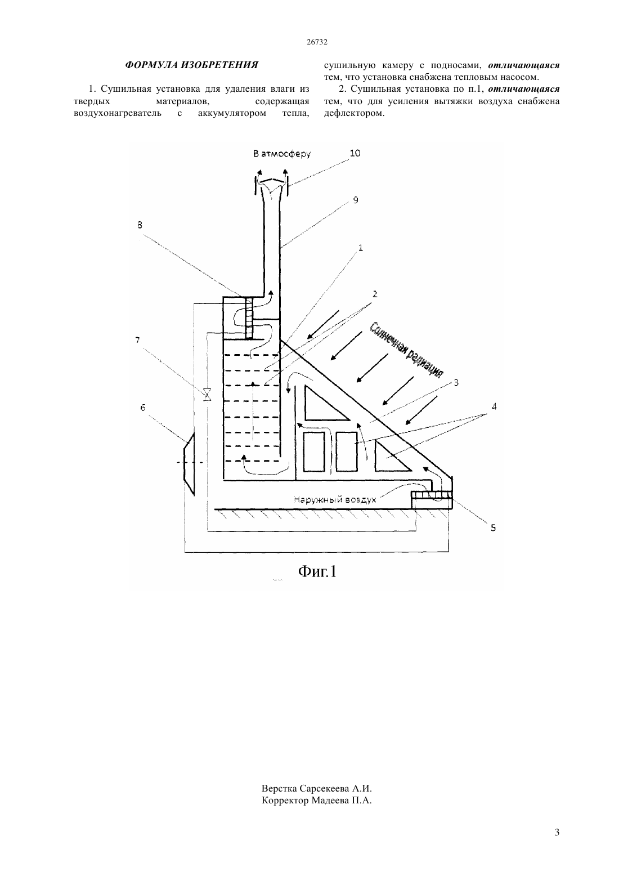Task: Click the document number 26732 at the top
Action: (x=317, y=42)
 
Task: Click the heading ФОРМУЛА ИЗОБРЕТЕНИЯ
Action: (x=191, y=65)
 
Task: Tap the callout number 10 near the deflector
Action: (x=355, y=153)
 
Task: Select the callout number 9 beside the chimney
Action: (x=356, y=200)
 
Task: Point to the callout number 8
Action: (x=140, y=225)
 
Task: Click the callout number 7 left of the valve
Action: (x=137, y=340)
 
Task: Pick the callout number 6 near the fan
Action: (x=142, y=408)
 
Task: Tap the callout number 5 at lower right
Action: (x=493, y=528)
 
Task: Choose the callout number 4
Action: (x=494, y=406)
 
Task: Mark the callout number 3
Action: (x=456, y=382)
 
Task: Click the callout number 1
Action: (x=360, y=248)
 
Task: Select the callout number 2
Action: (x=375, y=294)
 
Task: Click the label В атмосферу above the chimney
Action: (x=282, y=154)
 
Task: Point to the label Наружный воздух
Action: (x=335, y=499)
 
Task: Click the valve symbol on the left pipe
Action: (x=207, y=394)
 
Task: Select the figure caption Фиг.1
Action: (x=317, y=571)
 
